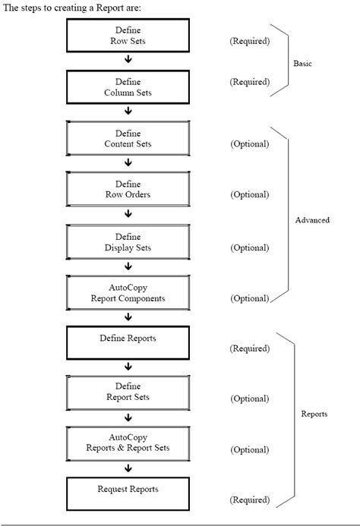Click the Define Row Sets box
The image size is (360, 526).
click(x=128, y=36)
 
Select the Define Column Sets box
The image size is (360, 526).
click(x=128, y=87)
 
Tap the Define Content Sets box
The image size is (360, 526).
click(x=128, y=138)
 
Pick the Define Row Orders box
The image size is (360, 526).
click(x=128, y=190)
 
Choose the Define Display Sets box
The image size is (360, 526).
click(x=128, y=241)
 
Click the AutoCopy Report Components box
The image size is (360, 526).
click(x=128, y=293)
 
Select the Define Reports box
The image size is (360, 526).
click(x=128, y=342)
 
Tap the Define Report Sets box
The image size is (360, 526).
click(x=128, y=392)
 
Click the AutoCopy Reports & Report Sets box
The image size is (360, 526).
click(x=128, y=443)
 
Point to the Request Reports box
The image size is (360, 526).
click(x=128, y=493)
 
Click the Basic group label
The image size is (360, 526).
click(x=302, y=64)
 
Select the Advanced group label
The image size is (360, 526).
click(x=312, y=220)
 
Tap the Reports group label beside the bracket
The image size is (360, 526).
click(x=314, y=414)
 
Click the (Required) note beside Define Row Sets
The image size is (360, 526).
click(x=249, y=41)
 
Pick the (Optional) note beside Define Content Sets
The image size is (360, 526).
click(x=249, y=143)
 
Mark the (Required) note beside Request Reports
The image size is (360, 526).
click(x=249, y=500)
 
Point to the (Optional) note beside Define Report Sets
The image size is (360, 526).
click(x=249, y=398)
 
